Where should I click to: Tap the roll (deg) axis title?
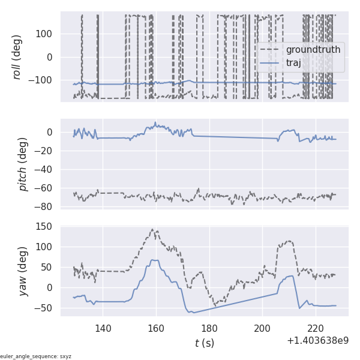(17, 57)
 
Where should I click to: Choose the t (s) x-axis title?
(204, 343)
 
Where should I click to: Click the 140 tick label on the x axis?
(103, 328)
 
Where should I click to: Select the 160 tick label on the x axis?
(156, 328)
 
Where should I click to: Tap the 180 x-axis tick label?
(209, 328)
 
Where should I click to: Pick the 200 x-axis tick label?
(262, 328)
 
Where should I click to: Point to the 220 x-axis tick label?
(316, 328)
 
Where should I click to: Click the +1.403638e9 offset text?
(317, 341)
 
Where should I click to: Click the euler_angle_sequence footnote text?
(36, 356)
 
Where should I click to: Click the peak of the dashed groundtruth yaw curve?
(152, 229)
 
